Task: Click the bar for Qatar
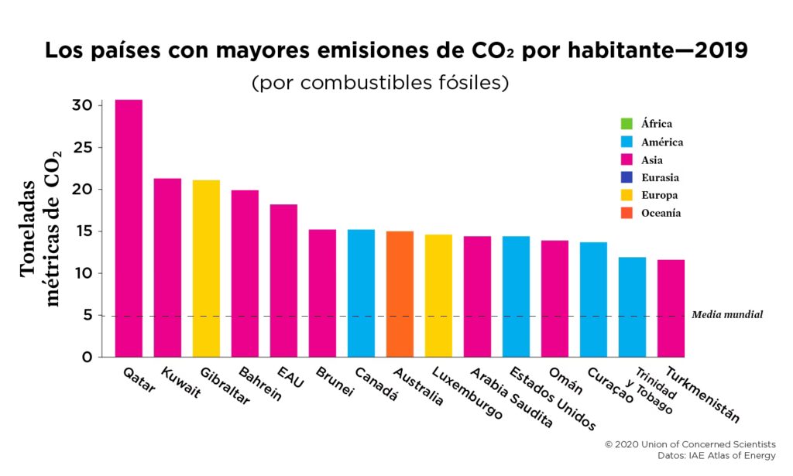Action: click(129, 228)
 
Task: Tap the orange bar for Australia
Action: click(400, 294)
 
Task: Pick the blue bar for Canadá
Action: click(361, 293)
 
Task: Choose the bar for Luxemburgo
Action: click(438, 296)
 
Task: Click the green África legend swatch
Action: click(627, 124)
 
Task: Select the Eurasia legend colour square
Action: click(627, 177)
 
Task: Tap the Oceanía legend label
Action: click(661, 213)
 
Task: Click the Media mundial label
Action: click(727, 315)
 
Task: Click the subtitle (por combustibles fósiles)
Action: click(379, 83)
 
